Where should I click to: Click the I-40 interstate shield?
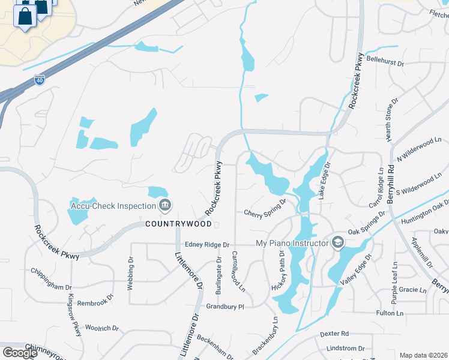[38, 80]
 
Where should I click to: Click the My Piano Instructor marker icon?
[338, 242]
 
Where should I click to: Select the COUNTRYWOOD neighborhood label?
[179, 224]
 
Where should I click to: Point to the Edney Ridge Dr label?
[208, 245]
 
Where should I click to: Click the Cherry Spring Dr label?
[265, 212]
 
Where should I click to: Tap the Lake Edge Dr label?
[324, 181]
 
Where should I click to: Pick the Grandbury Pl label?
[226, 306]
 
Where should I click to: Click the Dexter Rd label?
[334, 334]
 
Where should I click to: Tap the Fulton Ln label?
[390, 313]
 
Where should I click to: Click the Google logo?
[20, 353]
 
